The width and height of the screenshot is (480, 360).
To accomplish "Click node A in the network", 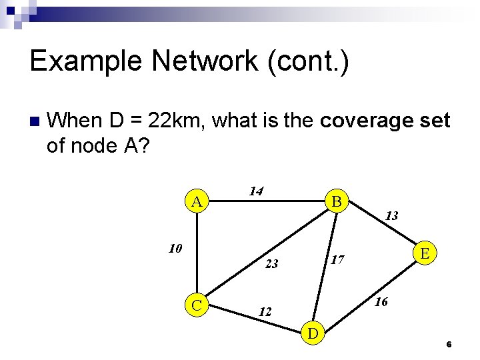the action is coord(197,201).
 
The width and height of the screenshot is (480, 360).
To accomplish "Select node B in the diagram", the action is coord(337,201).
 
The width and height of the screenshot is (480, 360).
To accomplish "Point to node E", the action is coord(425,253).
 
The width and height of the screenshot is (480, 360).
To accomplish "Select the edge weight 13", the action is coord(392,215).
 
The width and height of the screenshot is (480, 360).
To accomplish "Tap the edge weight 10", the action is coord(175,249).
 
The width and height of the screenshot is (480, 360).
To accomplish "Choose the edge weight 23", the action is coord(271,264).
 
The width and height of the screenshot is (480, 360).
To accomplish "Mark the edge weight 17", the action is coord(337,259).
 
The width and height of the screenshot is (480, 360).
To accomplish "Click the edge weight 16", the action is coord(381,302).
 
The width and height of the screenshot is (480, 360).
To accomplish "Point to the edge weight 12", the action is coord(265,311).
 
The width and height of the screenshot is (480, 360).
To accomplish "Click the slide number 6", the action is coord(449,345).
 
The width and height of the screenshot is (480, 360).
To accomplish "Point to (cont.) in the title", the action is coord(307,61).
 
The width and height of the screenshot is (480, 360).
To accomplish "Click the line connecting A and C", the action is coord(197,253).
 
